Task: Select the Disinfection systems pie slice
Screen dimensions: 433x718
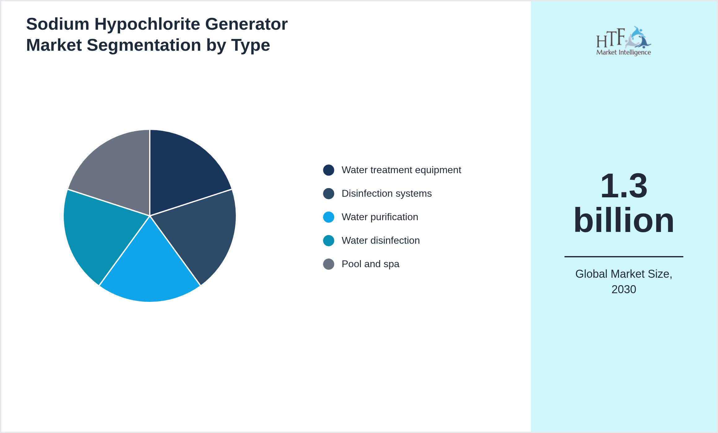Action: coord(201,232)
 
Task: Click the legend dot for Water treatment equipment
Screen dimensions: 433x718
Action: coord(328,170)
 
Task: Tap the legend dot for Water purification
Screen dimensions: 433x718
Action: coord(328,217)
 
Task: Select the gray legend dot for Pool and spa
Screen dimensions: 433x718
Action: coord(328,264)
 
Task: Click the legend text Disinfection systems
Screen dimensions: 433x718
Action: coord(386,194)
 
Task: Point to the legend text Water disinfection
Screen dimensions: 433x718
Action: coord(380,241)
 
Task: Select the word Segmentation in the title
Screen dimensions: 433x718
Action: coord(144,45)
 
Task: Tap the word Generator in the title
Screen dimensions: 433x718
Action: coord(246,24)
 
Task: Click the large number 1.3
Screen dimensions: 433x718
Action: coord(624,186)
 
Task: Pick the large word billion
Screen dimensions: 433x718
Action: coord(624,220)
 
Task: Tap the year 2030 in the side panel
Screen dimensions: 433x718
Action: coord(624,289)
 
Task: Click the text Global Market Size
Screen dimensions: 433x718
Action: coord(624,274)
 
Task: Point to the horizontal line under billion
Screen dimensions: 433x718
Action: coord(624,257)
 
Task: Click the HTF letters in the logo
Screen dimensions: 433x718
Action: coord(610,38)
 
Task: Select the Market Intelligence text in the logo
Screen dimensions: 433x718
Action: coord(623,52)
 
